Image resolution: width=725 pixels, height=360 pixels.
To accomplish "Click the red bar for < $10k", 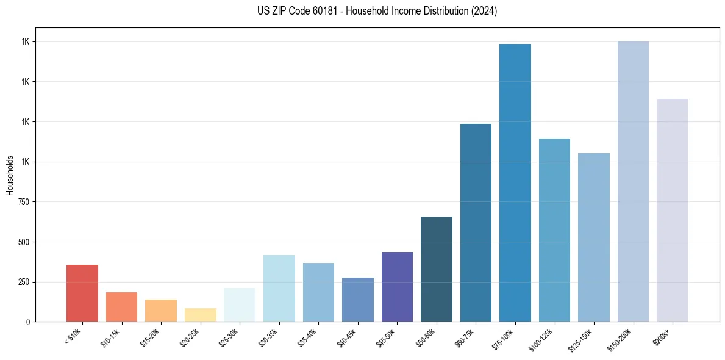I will coord(82,293).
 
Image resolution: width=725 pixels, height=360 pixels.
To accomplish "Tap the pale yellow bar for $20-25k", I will coord(200,315).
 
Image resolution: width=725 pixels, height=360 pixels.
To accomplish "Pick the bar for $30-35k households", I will coord(279,288).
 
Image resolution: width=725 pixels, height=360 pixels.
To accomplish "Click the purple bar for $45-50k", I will coord(397,287).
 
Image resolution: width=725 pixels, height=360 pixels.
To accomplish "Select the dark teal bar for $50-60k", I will coord(437,269).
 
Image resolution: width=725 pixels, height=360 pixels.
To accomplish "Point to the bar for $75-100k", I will coord(515,183).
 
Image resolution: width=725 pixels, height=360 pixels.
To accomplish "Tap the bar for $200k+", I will coord(673,211).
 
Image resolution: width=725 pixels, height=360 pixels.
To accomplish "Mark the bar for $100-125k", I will coord(554,230).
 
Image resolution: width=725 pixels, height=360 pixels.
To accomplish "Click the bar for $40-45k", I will coord(357,300).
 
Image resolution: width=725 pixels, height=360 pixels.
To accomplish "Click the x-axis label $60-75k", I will coord(465,337).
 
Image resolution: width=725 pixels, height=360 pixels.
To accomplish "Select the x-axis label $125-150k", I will coord(582,339).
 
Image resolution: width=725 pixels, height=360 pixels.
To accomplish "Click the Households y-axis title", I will coord(10,175).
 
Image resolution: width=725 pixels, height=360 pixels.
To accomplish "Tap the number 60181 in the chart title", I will coord(321,11).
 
